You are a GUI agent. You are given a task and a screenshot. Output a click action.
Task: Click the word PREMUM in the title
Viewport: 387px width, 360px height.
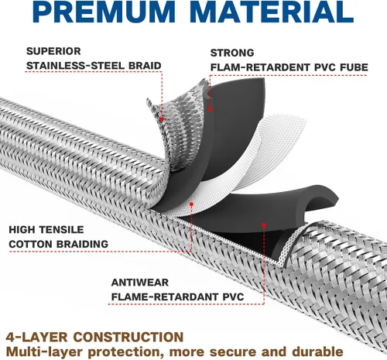tap(104, 12)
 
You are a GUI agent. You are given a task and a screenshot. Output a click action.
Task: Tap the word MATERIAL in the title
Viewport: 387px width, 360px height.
tap(272, 12)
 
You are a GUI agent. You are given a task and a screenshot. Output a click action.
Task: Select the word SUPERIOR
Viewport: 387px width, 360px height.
tap(53, 51)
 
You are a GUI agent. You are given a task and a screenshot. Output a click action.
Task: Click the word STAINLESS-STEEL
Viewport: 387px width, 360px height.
tap(75, 66)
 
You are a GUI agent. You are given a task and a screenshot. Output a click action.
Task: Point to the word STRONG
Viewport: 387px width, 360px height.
tap(232, 53)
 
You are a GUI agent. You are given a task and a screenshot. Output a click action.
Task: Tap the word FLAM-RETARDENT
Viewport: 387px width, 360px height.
tap(261, 67)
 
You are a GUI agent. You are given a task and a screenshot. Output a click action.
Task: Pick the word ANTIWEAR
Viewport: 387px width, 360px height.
tap(140, 283)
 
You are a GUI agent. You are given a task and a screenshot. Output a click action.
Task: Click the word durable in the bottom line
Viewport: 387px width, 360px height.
tap(317, 351)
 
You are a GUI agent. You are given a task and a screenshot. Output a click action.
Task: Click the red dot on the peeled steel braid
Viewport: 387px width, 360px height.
tap(162, 119)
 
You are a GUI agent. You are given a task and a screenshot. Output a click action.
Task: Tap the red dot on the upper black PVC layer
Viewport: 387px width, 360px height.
tap(211, 109)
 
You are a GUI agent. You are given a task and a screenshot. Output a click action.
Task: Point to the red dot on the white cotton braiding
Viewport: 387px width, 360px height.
tap(191, 204)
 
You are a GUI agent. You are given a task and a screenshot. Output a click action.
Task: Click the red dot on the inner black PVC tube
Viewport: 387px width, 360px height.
tap(264, 225)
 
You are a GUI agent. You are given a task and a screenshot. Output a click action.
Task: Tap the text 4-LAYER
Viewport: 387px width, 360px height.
tap(36, 337)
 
